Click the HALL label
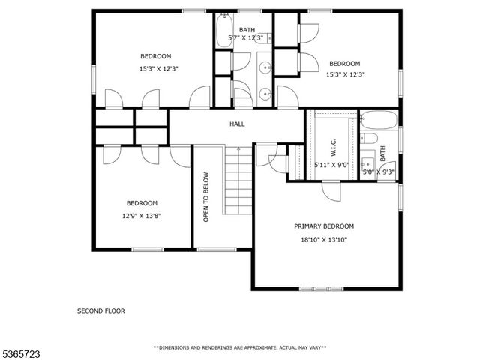(x=237, y=124)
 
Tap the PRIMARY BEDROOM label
(x=324, y=226)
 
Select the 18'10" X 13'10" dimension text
(x=324, y=240)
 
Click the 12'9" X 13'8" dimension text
(x=142, y=216)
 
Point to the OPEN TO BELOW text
(x=205, y=197)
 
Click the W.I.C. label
(x=333, y=147)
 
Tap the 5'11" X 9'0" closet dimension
(x=331, y=165)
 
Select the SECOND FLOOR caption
(x=101, y=310)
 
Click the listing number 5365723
(x=20, y=354)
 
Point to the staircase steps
(x=238, y=181)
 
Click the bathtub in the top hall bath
(x=224, y=30)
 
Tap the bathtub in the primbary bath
(x=379, y=120)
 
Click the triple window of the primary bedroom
(x=322, y=289)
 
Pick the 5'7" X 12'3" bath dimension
(x=246, y=38)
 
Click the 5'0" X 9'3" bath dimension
(x=378, y=172)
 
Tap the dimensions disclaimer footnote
(x=240, y=347)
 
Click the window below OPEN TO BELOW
(x=217, y=250)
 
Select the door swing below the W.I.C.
(x=331, y=192)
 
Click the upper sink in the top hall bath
(x=265, y=67)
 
